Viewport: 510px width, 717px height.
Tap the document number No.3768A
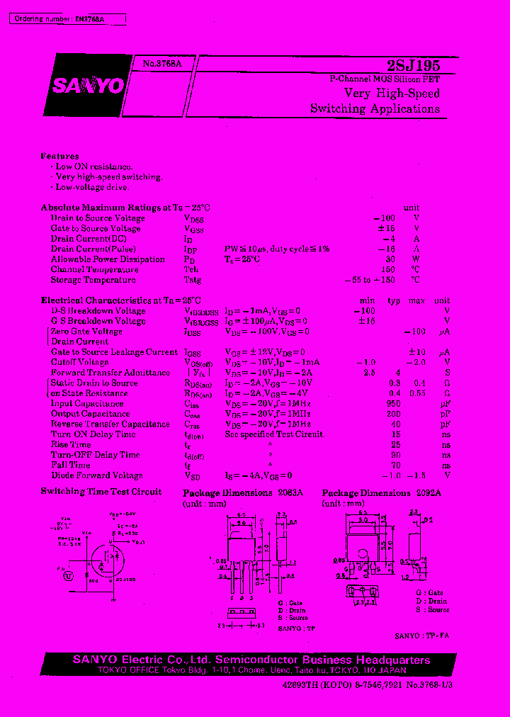point(162,63)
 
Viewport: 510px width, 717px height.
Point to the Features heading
point(59,156)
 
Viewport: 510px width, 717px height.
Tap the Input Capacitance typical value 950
point(393,403)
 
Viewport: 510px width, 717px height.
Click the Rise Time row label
point(70,445)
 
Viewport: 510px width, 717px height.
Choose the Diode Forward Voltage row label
point(96,475)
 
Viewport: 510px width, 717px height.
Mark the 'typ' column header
point(394,300)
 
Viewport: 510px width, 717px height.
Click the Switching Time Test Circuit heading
point(101,492)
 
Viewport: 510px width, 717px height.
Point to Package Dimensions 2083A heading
point(242,492)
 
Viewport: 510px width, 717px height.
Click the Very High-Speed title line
point(392,94)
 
